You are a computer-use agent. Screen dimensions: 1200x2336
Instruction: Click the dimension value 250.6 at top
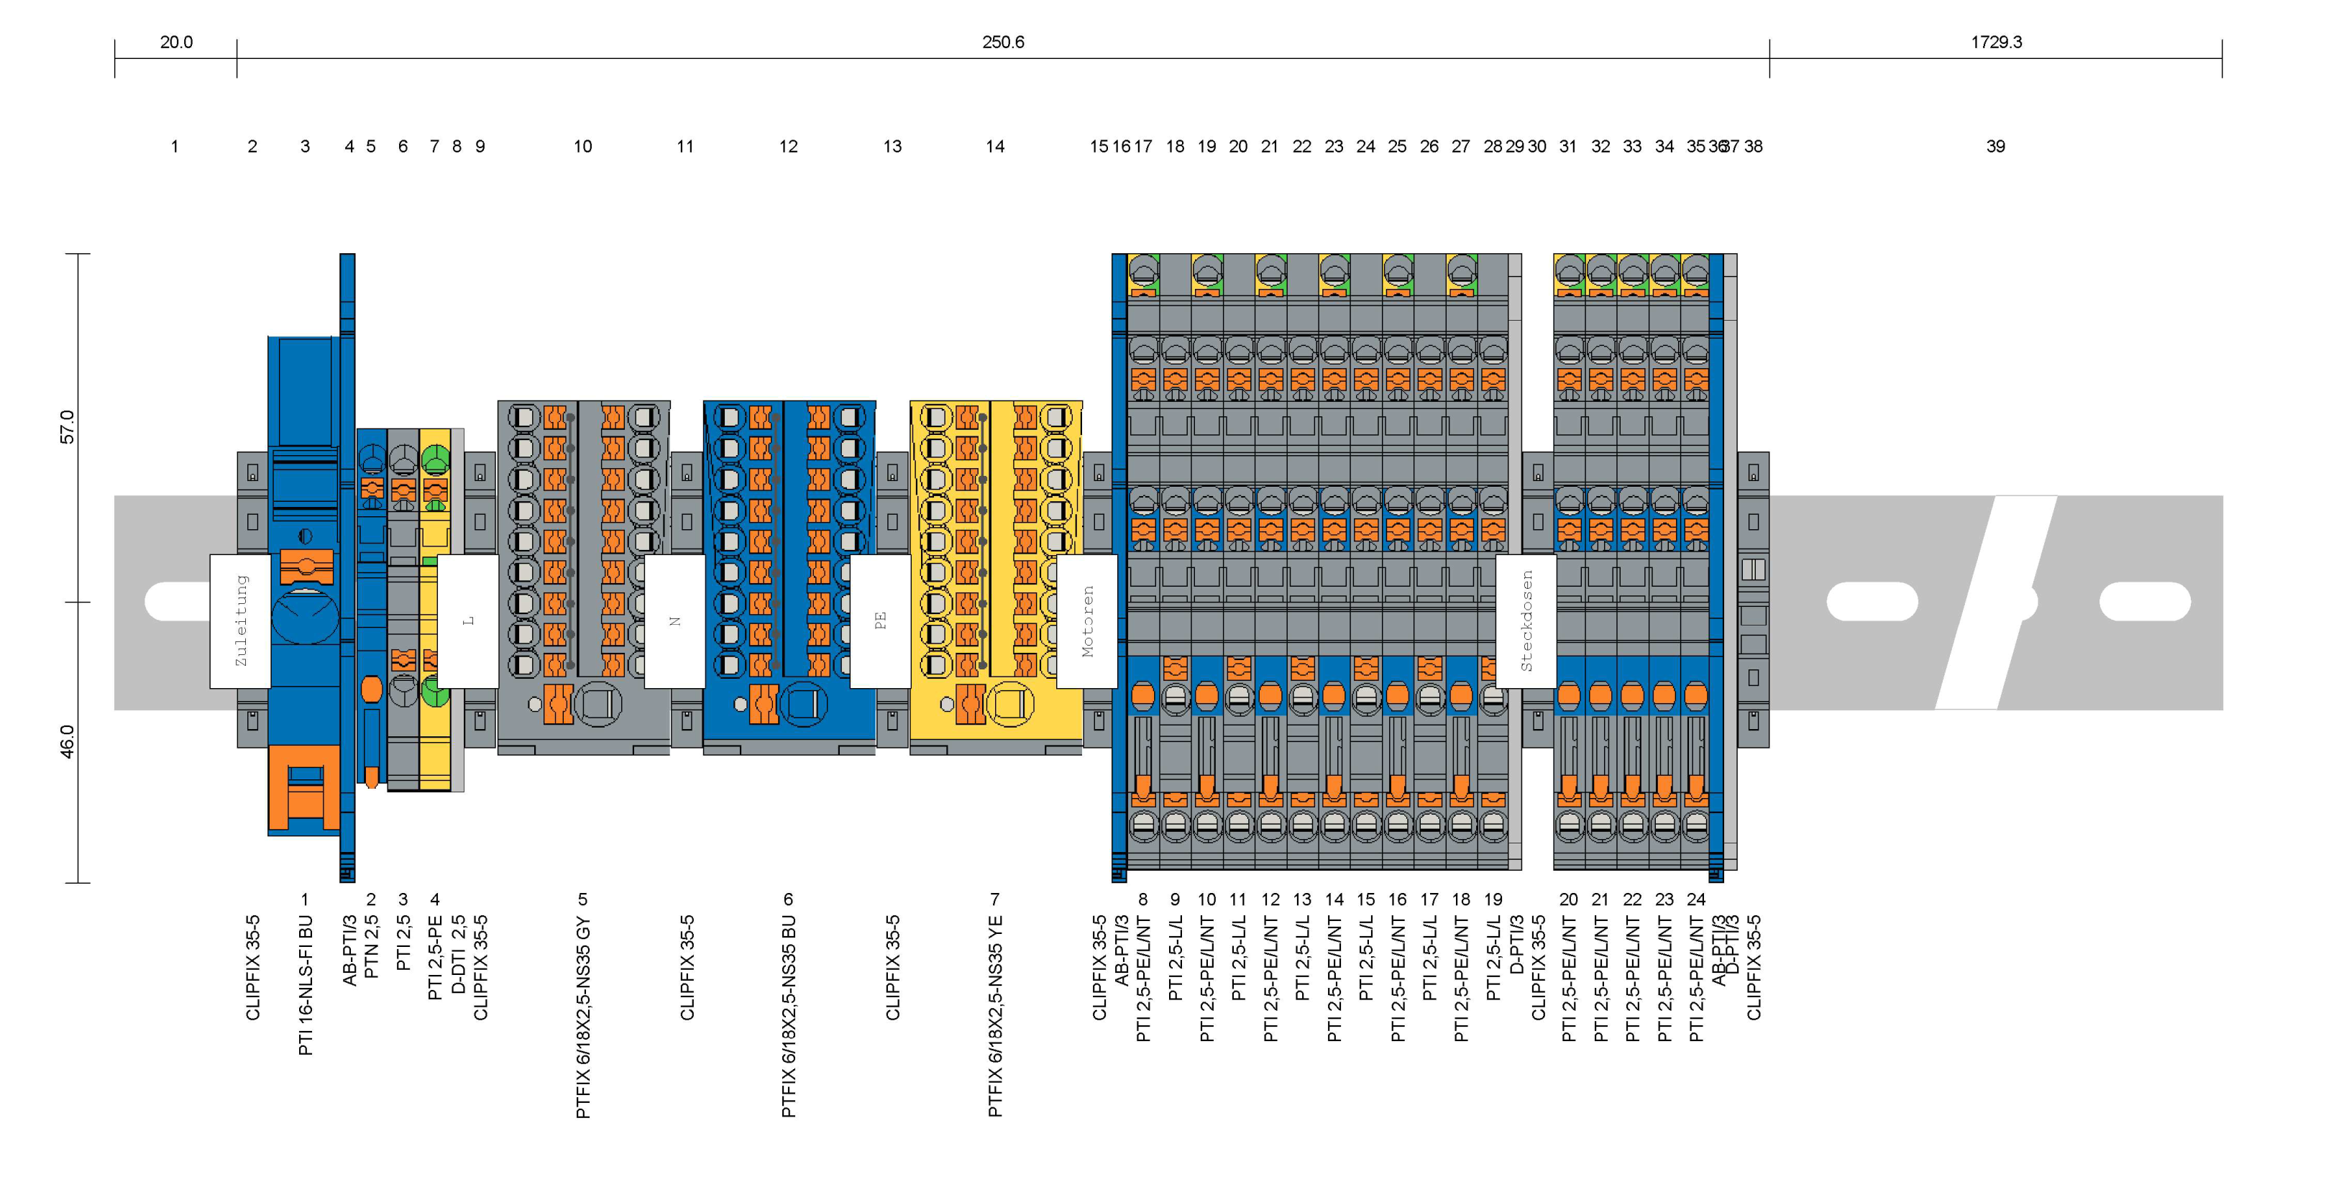[1002, 42]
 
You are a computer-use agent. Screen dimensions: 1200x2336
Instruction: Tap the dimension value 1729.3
[1995, 42]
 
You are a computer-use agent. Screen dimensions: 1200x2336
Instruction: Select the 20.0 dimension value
[176, 42]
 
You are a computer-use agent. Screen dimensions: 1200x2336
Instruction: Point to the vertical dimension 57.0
[67, 426]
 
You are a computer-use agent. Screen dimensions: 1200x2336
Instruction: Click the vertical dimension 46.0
[67, 741]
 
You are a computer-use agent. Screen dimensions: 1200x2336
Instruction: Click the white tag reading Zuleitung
[240, 620]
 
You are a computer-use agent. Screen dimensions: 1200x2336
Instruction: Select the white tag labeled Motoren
[1087, 620]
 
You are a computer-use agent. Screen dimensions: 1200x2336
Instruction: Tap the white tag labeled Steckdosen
[1526, 620]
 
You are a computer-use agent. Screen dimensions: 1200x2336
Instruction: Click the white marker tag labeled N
[674, 620]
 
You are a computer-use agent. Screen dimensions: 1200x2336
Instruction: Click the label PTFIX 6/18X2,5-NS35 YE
[995, 1016]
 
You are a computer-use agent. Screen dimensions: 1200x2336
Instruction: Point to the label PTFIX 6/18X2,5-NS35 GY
[583, 1017]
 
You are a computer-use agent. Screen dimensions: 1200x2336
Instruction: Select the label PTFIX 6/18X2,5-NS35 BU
[789, 1016]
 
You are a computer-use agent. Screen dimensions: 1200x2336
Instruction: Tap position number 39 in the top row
[1995, 146]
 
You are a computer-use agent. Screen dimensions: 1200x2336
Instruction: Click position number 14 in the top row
[995, 146]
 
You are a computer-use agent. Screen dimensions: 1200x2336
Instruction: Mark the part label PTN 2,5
[371, 947]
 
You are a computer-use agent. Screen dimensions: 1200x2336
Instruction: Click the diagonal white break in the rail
[1995, 603]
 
